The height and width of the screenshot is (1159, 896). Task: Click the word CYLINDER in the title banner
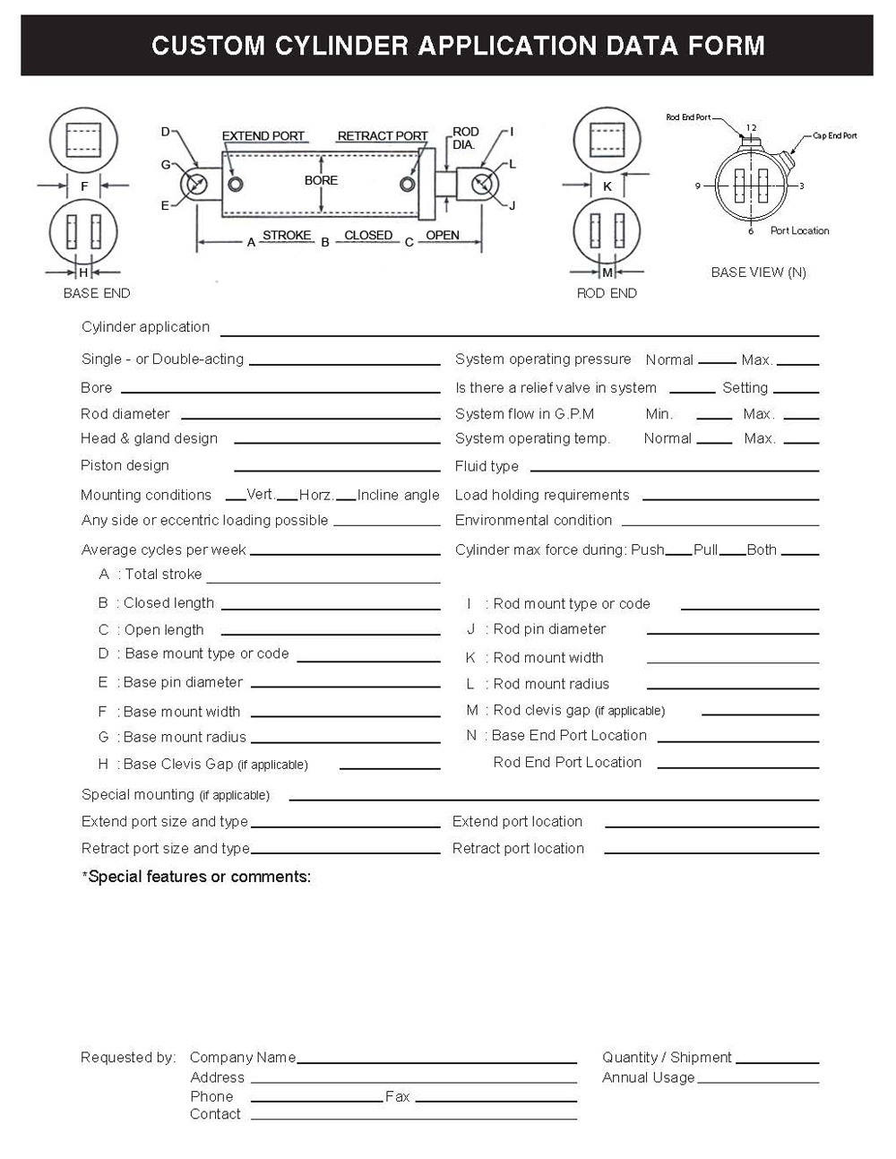(342, 46)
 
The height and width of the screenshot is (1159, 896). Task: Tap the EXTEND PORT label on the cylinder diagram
(263, 136)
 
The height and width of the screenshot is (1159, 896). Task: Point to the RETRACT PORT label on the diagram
(383, 136)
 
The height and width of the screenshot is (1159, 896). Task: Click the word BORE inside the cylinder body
(321, 180)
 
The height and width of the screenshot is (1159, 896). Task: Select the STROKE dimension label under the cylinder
(287, 236)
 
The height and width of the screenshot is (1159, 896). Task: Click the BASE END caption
(97, 293)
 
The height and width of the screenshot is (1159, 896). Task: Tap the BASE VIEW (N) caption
(758, 272)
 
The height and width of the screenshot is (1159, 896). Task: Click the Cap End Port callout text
(834, 136)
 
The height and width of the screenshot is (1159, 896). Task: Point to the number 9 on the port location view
(698, 186)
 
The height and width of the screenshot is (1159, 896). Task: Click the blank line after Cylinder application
(520, 333)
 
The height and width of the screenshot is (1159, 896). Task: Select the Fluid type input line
(674, 469)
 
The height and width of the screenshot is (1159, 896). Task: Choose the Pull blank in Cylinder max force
(732, 553)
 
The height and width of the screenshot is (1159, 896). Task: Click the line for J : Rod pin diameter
(733, 632)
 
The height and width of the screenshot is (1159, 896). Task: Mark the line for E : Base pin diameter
(346, 686)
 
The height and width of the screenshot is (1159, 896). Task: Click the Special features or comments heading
(197, 877)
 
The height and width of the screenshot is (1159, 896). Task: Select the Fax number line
(495, 1100)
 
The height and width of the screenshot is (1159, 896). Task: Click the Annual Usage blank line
(758, 1081)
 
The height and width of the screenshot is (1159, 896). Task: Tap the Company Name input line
(436, 1061)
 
